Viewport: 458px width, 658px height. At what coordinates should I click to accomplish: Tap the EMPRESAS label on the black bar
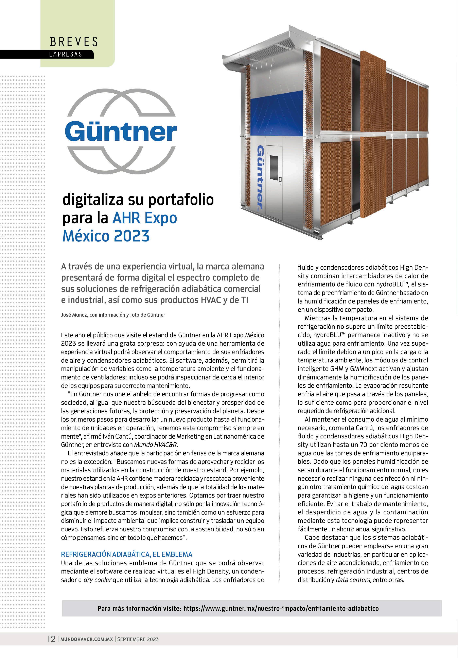tap(66, 54)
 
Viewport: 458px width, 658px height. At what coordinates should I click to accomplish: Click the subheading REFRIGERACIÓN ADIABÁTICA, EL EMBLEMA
tap(126, 554)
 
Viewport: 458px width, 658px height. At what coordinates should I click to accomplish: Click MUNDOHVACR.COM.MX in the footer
tap(86, 639)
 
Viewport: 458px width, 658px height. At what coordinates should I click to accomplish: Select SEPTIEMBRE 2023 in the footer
tap(138, 639)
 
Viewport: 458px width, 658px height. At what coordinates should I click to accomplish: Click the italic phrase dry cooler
tap(97, 580)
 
